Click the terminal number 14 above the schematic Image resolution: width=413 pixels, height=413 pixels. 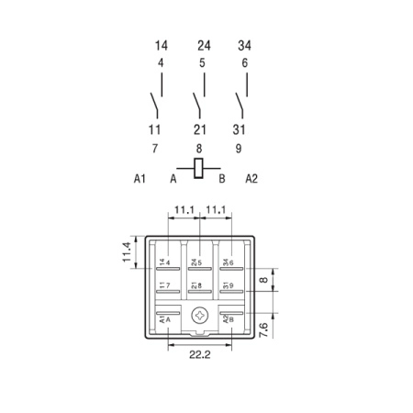point(162,46)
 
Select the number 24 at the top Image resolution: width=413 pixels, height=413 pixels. point(204,46)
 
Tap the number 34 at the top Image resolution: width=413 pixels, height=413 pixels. point(244,46)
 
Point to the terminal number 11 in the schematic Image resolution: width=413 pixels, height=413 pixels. point(154,129)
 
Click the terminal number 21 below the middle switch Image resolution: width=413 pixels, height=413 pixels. point(200,129)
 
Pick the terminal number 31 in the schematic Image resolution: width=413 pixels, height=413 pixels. point(239,129)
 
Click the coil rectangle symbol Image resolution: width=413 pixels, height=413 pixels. point(198,168)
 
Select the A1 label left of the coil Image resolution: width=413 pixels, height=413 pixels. point(140,178)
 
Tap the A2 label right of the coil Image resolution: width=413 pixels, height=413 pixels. point(251,178)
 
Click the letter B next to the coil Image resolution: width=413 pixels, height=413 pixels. point(222,178)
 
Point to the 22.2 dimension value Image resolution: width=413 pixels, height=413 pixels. point(200,354)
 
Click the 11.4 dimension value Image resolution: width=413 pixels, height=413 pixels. point(127,252)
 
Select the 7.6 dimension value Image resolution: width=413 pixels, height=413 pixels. point(263,329)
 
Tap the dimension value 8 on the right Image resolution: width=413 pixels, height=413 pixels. point(263,280)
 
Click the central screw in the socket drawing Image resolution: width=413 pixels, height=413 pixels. point(200,316)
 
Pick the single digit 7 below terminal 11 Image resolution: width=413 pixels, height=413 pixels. point(155,149)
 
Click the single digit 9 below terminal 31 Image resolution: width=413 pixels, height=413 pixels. point(239,149)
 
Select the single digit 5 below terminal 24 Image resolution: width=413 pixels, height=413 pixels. point(202,63)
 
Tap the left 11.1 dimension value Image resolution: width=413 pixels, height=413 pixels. point(184,210)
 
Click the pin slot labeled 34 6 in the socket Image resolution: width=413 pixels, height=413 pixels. point(231,269)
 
